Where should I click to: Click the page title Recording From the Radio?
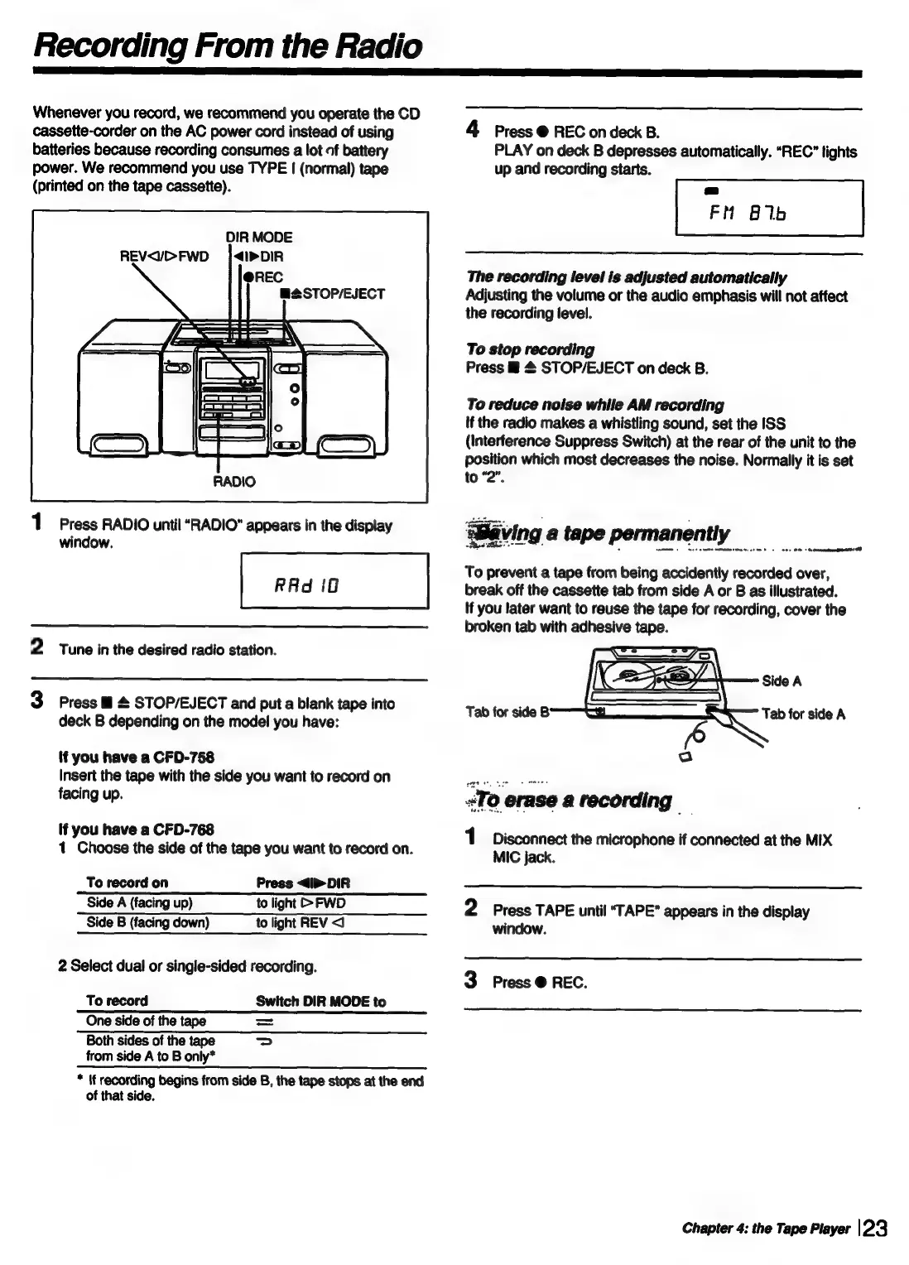click(x=228, y=46)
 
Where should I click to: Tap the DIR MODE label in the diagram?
click(x=260, y=238)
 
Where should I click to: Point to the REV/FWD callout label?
click(x=165, y=257)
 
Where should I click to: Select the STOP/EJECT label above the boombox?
click(x=333, y=294)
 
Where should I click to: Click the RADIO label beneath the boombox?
click(x=234, y=481)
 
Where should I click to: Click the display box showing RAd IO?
click(x=334, y=580)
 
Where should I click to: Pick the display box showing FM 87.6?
click(x=769, y=209)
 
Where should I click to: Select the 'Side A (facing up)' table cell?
click(x=140, y=903)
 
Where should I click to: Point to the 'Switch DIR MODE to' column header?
click(x=320, y=1002)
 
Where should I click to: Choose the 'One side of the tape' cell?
click(x=146, y=1021)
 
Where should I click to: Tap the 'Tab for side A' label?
click(x=803, y=714)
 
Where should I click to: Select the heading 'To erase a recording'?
click(x=575, y=801)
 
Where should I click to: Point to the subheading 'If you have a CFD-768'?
click(x=137, y=830)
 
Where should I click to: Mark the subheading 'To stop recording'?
click(x=530, y=349)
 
